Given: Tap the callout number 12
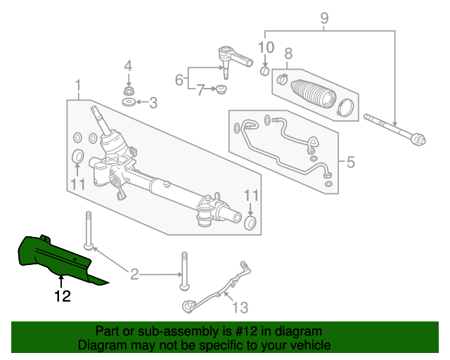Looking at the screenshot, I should (63, 297).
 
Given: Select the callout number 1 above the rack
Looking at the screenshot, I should (78, 87).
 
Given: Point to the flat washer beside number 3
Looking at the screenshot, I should (129, 103).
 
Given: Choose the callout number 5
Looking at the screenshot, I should (350, 163).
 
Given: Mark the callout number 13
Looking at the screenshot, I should (240, 307).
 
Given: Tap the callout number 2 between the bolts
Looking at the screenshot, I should (134, 274).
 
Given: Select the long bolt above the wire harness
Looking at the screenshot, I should (184, 270).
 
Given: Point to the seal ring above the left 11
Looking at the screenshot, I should (78, 155).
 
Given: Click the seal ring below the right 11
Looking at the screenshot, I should (249, 224).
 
